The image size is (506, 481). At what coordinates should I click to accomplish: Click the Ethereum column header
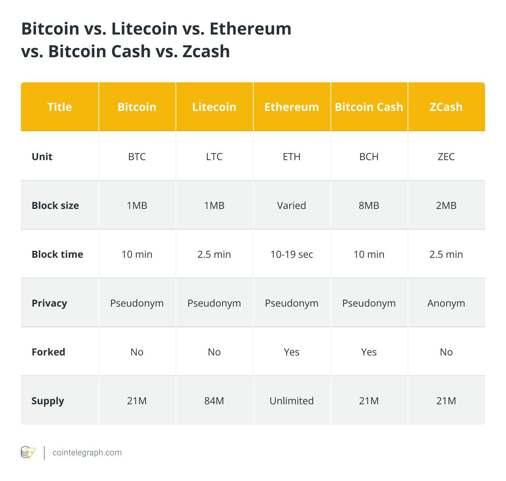tap(291, 107)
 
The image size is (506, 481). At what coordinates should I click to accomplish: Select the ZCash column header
tap(446, 107)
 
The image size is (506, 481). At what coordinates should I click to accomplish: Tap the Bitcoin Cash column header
tap(369, 107)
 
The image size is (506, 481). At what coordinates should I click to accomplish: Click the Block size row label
tap(55, 205)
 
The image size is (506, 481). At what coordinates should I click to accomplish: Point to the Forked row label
tap(48, 352)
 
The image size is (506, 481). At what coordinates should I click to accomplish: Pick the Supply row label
tap(48, 401)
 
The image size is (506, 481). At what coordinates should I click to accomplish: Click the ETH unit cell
tap(291, 157)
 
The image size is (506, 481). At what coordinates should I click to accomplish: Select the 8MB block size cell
tap(369, 205)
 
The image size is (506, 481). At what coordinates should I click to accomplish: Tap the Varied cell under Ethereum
tap(291, 205)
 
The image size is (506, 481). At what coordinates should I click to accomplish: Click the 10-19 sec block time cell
tap(291, 254)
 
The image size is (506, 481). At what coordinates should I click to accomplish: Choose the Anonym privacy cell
tap(446, 303)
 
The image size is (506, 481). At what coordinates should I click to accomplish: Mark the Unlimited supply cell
tap(291, 401)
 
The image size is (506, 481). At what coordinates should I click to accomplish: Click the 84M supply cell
tap(214, 401)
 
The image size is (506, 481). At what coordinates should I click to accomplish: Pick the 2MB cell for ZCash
tap(446, 205)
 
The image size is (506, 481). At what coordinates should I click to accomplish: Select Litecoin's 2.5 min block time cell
tap(214, 254)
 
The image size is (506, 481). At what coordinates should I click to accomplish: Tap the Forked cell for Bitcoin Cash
tap(369, 352)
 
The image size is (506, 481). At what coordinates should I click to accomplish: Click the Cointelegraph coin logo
tap(28, 453)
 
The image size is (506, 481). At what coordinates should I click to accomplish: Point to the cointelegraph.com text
tap(87, 453)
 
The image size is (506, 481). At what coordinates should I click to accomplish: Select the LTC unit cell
tap(214, 157)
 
